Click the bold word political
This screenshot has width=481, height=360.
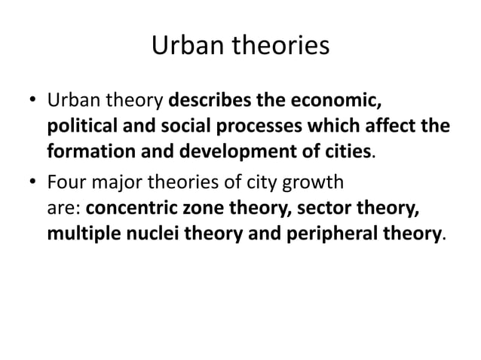point(80,125)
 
